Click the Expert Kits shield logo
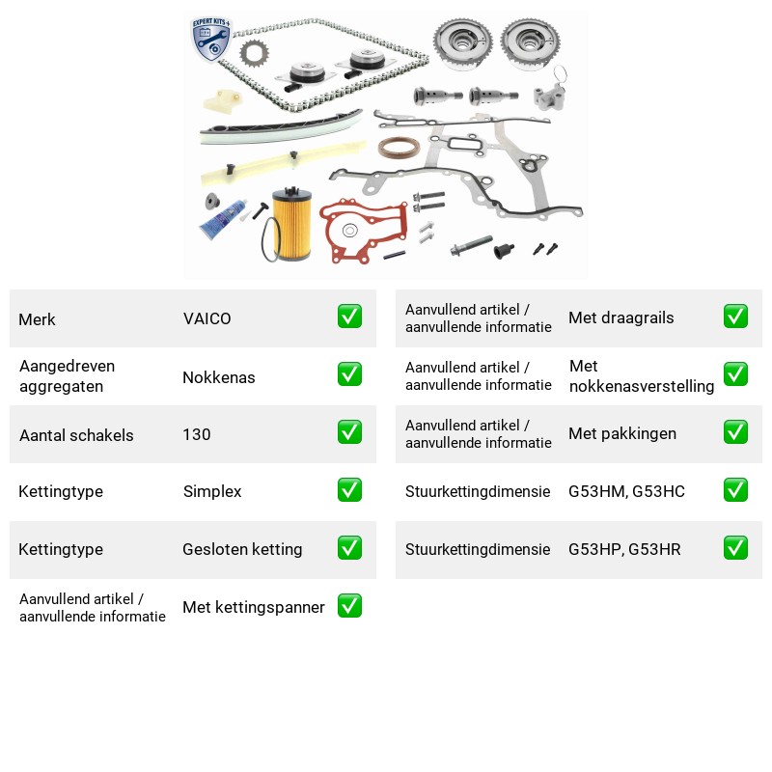[211, 40]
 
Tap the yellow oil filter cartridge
[292, 223]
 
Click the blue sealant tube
[223, 220]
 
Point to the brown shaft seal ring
[399, 148]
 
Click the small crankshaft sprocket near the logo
[254, 53]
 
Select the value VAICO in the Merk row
[207, 318]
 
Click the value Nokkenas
[219, 377]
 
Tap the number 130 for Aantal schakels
[197, 434]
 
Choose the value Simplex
[212, 491]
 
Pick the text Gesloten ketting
[242, 549]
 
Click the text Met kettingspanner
[254, 607]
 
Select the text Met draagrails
[620, 317]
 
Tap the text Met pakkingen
[622, 433]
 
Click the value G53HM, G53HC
[626, 491]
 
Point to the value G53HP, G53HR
[624, 549]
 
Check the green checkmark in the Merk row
[349, 317]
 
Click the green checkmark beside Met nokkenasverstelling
[735, 374]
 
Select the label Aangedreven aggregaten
[67, 376]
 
